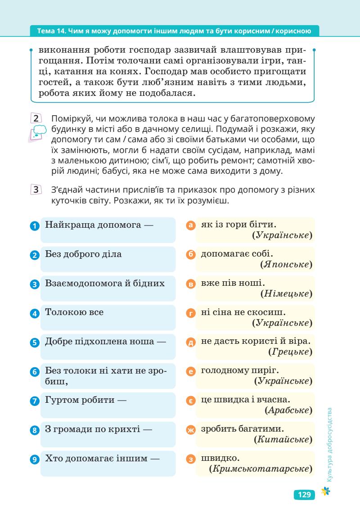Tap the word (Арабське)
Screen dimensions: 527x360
pos(288,410)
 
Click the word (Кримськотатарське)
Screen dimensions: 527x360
pos(261,468)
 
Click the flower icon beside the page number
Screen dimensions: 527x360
pos(323,494)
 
